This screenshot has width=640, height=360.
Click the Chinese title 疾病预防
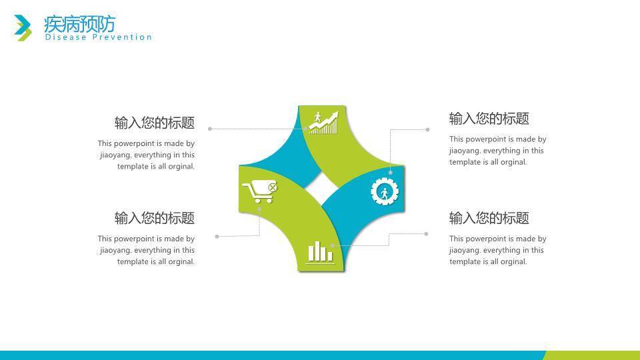[79, 24]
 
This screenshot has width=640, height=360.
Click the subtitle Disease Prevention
[99, 37]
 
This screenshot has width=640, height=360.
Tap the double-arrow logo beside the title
[23, 28]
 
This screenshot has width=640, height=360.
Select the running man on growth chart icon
[323, 123]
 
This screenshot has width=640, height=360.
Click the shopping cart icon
[259, 191]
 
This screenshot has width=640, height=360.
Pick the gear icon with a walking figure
[385, 191]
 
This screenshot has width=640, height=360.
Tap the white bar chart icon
[320, 252]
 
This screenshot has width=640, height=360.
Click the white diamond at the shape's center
[321, 188]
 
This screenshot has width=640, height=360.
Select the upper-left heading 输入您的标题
[154, 123]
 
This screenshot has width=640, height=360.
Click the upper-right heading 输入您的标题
[489, 119]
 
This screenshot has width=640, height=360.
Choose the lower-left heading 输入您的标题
[154, 218]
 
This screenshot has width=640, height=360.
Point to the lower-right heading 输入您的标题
[489, 218]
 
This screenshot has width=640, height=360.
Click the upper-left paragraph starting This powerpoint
[146, 155]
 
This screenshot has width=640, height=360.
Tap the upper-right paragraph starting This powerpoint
[498, 150]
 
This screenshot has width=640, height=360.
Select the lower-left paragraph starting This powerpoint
[146, 250]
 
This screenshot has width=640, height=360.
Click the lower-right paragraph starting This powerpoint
[498, 250]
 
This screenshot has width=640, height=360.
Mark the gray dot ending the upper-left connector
[210, 129]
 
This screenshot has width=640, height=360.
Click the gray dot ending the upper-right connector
[427, 129]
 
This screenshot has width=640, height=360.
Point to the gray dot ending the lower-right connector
[426, 234]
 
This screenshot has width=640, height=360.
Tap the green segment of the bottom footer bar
[592, 355]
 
